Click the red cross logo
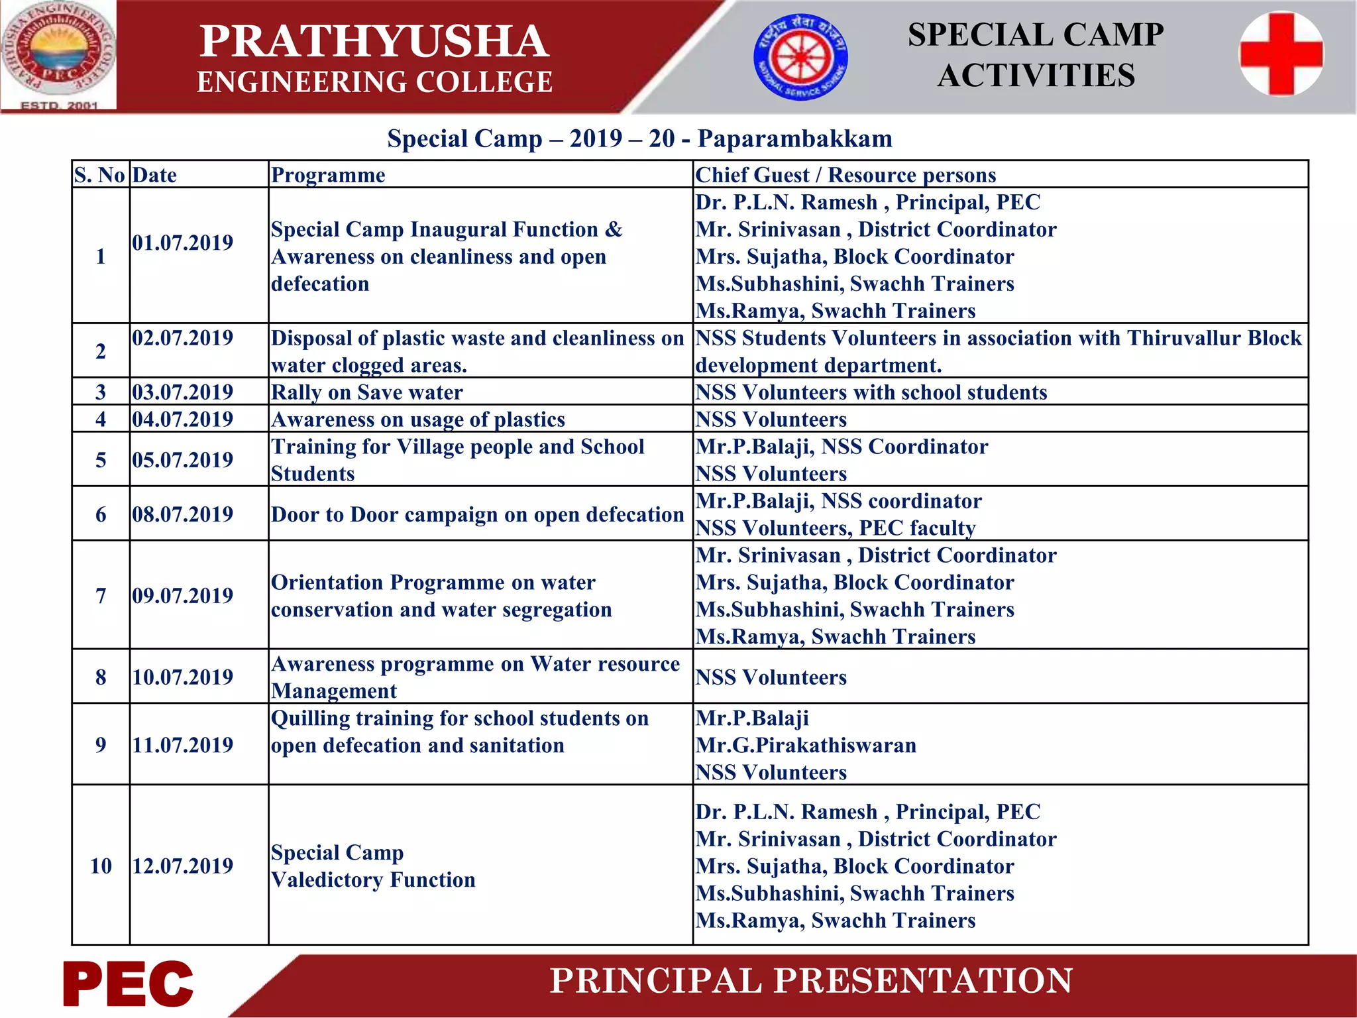[1281, 54]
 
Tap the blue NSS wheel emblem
[800, 57]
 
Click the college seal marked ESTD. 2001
[58, 56]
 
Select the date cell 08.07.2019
[182, 514]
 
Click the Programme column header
[328, 175]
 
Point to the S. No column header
[99, 175]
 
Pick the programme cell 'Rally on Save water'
[366, 392]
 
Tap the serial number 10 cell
[101, 866]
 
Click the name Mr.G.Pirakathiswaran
[806, 746]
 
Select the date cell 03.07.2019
[182, 392]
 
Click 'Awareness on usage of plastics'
[418, 420]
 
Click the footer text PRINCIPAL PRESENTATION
[810, 981]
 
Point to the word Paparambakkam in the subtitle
[794, 139]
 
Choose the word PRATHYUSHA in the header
[374, 41]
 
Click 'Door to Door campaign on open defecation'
[477, 515]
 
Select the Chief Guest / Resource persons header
[845, 175]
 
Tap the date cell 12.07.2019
[182, 866]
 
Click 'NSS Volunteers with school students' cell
[871, 392]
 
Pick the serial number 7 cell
[101, 596]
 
